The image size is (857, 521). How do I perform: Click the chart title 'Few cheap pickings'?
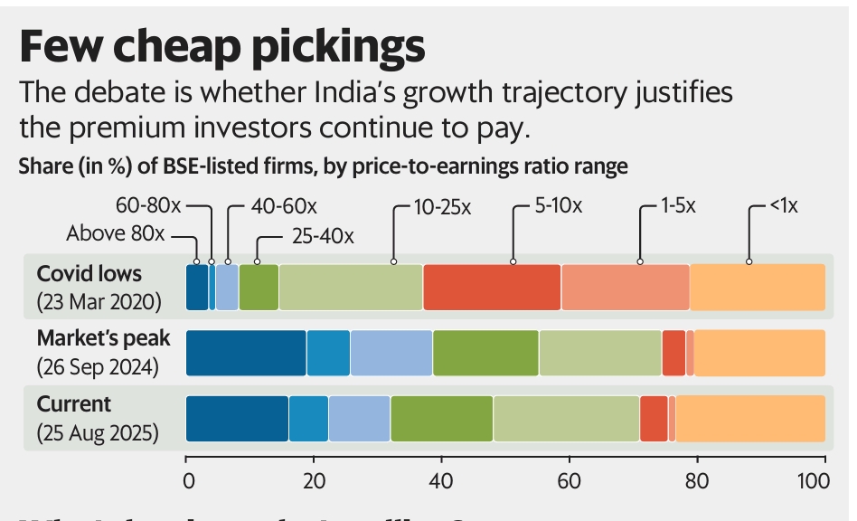(x=221, y=46)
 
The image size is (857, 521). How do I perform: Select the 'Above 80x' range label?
(x=116, y=234)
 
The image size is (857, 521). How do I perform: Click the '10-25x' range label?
(x=442, y=206)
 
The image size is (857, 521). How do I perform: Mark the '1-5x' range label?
(x=677, y=206)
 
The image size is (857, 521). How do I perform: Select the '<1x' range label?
(x=783, y=206)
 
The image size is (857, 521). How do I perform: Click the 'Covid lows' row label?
(x=89, y=273)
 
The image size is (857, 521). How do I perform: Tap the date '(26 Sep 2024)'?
(x=99, y=367)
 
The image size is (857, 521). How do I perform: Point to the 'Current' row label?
(x=74, y=403)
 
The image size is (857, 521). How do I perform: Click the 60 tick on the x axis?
(x=569, y=479)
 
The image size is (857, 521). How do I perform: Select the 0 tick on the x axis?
(x=186, y=479)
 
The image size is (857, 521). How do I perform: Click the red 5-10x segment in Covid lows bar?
(x=492, y=287)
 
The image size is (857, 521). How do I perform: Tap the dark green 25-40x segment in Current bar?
(x=442, y=418)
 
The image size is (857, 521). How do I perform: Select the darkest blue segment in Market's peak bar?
(x=246, y=353)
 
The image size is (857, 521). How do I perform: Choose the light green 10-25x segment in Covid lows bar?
(x=351, y=287)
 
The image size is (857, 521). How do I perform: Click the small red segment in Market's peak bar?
(x=673, y=353)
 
